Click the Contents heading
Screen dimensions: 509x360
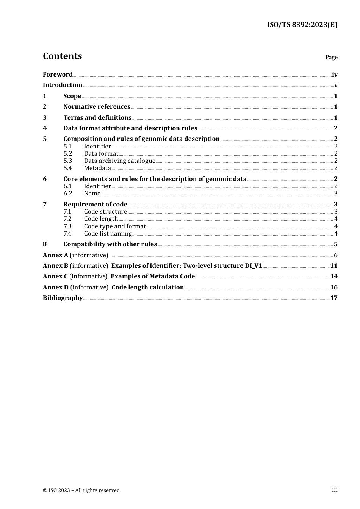pos(62,56)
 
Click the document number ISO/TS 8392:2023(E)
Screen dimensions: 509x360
pos(302,25)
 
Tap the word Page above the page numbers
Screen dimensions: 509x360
pos(331,57)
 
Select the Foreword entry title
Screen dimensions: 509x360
pos(58,74)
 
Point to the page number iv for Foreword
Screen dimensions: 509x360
pos(335,75)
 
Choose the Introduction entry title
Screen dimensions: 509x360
pos(63,85)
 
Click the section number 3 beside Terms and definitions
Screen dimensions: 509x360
pos(45,117)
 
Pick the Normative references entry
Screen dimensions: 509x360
pos(97,107)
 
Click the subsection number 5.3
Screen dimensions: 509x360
pos(68,161)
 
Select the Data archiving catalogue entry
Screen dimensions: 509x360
pos(119,161)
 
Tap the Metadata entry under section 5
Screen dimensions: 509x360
pos(97,168)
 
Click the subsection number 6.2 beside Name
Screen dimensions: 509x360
pos(68,193)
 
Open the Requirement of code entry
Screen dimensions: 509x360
pos(95,204)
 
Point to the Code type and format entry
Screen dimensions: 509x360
pos(115,226)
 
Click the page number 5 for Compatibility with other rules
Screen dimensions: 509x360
pos(335,244)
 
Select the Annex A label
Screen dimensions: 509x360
pos(55,255)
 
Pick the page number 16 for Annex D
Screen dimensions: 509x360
pos(334,287)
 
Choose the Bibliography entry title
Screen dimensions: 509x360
pos(63,298)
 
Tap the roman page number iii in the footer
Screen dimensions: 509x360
pos(335,490)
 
